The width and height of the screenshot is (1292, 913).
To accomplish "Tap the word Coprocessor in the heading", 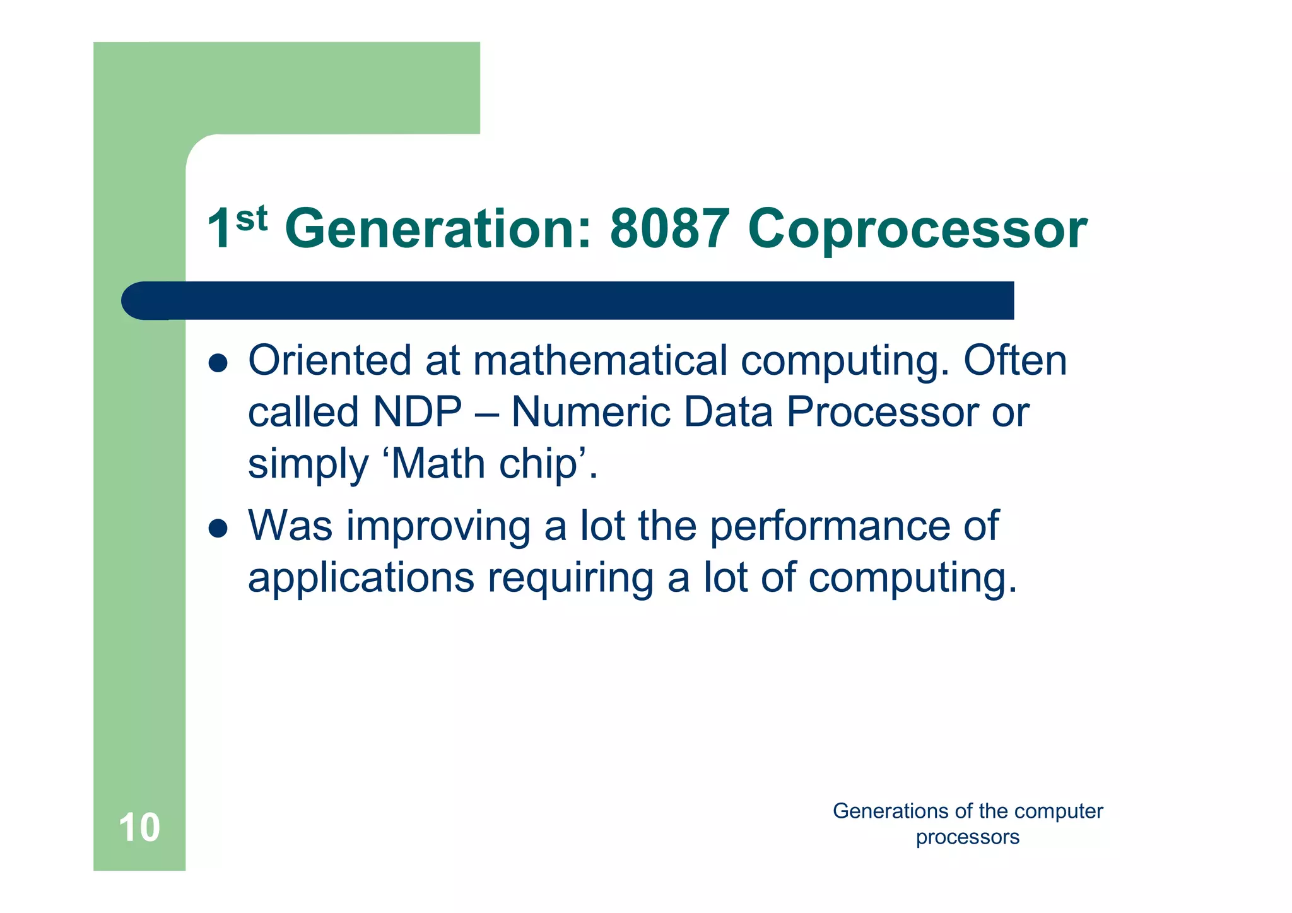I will point(917,230).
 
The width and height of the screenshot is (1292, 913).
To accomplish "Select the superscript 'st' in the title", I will point(252,218).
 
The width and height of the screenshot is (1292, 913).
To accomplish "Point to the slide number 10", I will point(139,827).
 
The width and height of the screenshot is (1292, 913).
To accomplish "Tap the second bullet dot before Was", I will point(218,528).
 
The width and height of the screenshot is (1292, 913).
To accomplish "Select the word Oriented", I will point(330,361).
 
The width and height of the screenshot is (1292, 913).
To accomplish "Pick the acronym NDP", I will point(418,412).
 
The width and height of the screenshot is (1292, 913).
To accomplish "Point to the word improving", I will point(438,527).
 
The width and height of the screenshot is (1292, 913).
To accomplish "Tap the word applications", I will point(361,579).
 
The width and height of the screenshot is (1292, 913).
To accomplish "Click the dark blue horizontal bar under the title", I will point(568,300).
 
